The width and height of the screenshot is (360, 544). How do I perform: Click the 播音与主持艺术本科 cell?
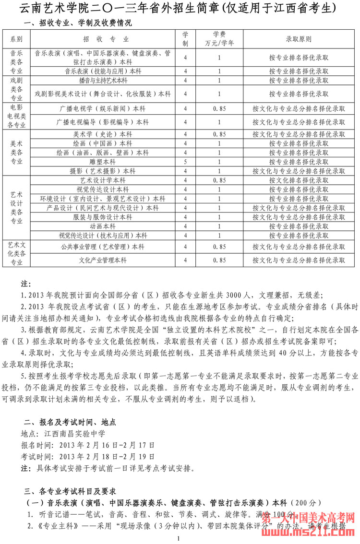[103, 81]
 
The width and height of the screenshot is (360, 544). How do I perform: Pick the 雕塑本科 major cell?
[103, 162]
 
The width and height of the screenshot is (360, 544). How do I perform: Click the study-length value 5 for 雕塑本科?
[185, 162]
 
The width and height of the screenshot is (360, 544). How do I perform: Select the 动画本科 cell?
[103, 226]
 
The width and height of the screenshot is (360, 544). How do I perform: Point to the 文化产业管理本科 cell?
[103, 260]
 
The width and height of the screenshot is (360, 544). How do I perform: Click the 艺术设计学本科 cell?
[103, 180]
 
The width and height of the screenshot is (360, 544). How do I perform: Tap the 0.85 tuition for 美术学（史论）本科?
[219, 134]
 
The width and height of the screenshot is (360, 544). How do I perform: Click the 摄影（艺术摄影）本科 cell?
[103, 171]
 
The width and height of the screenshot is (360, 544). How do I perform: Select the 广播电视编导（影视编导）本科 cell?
[103, 122]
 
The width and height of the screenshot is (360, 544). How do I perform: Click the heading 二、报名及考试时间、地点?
[70, 423]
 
